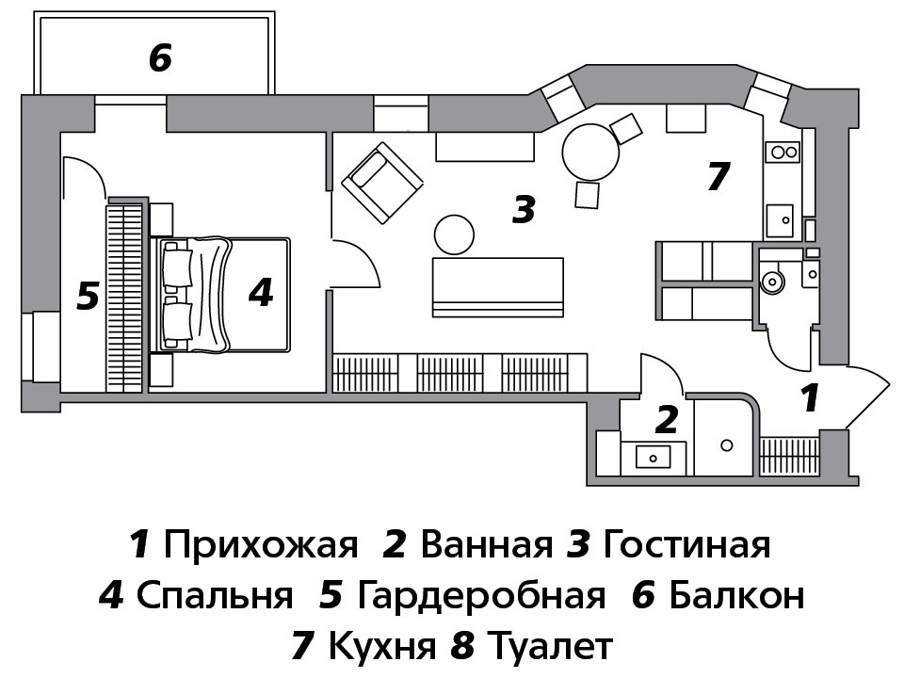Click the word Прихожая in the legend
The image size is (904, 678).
261,545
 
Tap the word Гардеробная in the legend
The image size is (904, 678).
481,595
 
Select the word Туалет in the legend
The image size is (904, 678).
550,647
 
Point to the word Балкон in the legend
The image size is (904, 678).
736,595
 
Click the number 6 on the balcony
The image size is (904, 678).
160,58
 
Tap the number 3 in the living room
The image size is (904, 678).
525,209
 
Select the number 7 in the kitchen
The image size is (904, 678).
718,176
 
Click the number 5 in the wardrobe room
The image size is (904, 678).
89,297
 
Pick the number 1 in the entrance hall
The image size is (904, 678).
810,398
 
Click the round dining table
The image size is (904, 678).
590,153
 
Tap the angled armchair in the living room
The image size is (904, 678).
382,183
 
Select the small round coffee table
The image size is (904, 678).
454,234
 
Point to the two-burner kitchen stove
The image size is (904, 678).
783,153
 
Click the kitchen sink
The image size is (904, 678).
780,220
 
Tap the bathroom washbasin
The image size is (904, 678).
653,458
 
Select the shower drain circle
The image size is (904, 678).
727,445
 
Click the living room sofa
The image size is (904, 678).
497,287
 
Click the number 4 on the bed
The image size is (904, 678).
261,292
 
